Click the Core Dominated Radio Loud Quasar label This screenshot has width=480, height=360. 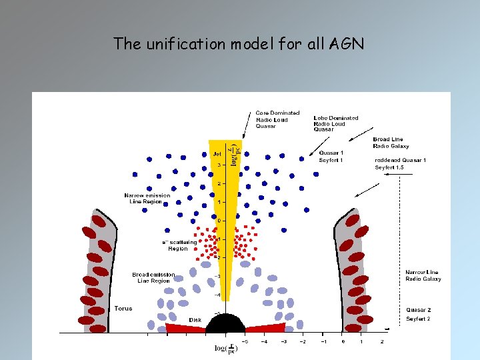[277, 119]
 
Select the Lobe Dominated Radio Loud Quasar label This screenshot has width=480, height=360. [335, 124]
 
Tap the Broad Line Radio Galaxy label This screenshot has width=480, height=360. [391, 143]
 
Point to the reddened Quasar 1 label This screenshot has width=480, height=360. [400, 160]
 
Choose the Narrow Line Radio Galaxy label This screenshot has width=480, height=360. [423, 275]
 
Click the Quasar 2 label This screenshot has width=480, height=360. [419, 309]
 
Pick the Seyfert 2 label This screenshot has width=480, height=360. [419, 319]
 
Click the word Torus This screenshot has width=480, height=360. [123, 309]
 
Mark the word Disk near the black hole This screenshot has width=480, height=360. [195, 320]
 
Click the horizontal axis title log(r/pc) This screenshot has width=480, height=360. [225, 348]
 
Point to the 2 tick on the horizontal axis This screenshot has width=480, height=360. [382, 341]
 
